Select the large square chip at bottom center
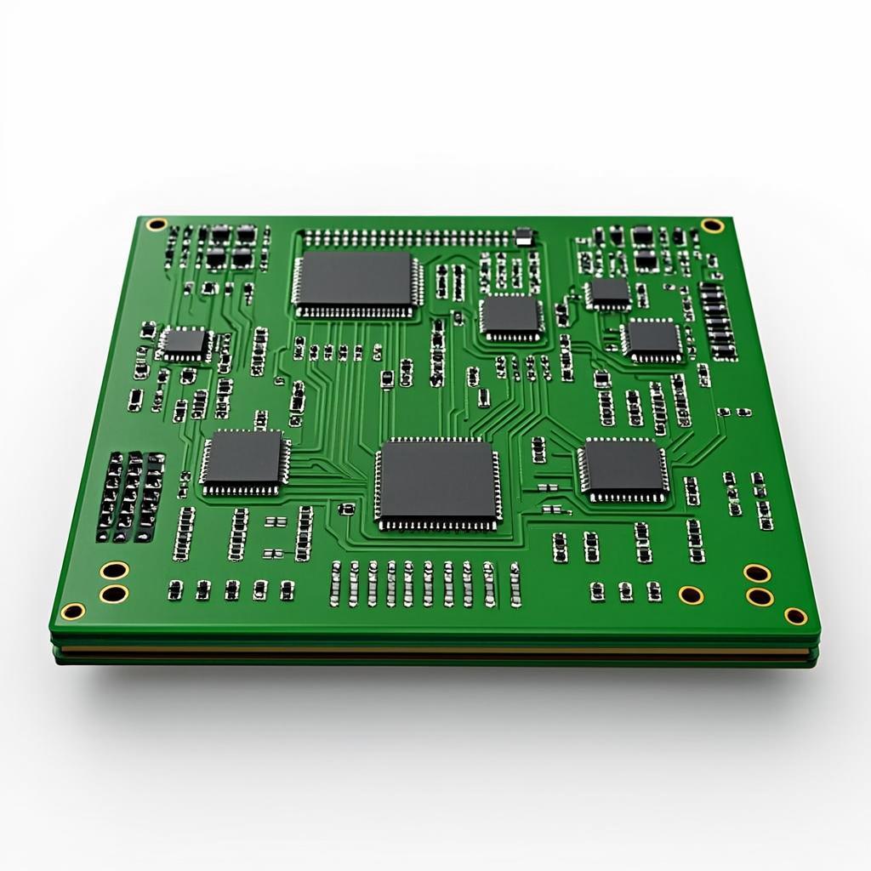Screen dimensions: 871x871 [437, 482]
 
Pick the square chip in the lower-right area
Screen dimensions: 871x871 [623, 469]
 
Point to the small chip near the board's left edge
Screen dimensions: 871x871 [185, 342]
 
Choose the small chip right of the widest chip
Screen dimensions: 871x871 [510, 316]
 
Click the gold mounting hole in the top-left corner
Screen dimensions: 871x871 [156, 225]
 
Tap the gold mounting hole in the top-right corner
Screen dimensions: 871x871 [711, 225]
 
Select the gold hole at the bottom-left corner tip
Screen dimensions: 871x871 [73, 611]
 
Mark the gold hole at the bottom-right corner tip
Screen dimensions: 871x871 [795, 615]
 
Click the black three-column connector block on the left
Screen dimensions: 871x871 [130, 496]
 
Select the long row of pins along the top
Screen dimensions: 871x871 [408, 236]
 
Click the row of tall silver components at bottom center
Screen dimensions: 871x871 [425, 584]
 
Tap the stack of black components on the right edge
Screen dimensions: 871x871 [718, 319]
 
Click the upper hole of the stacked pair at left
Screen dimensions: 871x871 [114, 570]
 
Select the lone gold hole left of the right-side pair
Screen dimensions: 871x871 [691, 594]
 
